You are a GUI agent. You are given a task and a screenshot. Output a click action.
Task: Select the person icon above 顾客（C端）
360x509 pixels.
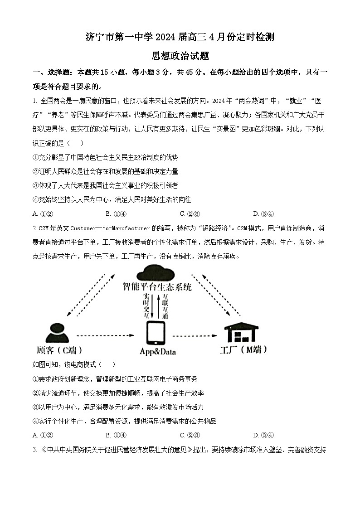pos(58,333)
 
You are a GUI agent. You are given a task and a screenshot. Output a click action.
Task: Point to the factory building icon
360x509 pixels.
pos(242,333)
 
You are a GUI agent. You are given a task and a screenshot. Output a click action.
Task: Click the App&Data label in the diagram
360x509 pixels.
pos(157,352)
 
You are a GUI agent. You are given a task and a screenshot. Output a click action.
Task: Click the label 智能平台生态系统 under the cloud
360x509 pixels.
pos(157,287)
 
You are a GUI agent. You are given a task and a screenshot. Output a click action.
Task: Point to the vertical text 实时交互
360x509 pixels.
pos(146,306)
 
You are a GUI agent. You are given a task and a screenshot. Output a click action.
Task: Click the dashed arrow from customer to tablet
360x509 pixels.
pos(105,336)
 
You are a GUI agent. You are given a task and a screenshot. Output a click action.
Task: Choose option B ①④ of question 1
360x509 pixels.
pos(116,214)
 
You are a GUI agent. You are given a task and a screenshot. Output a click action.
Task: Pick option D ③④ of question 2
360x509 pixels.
pos(263,436)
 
